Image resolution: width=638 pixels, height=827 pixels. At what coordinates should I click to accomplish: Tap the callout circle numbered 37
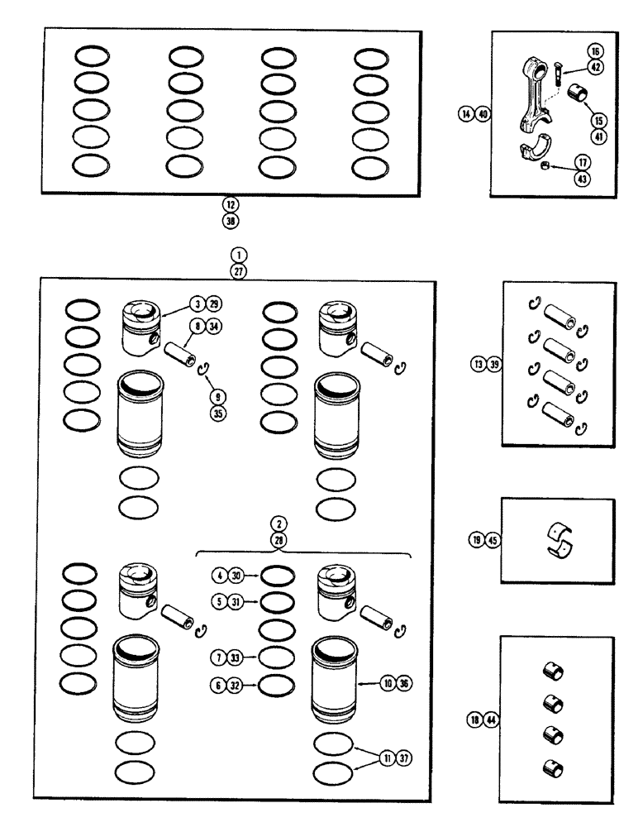403,758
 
